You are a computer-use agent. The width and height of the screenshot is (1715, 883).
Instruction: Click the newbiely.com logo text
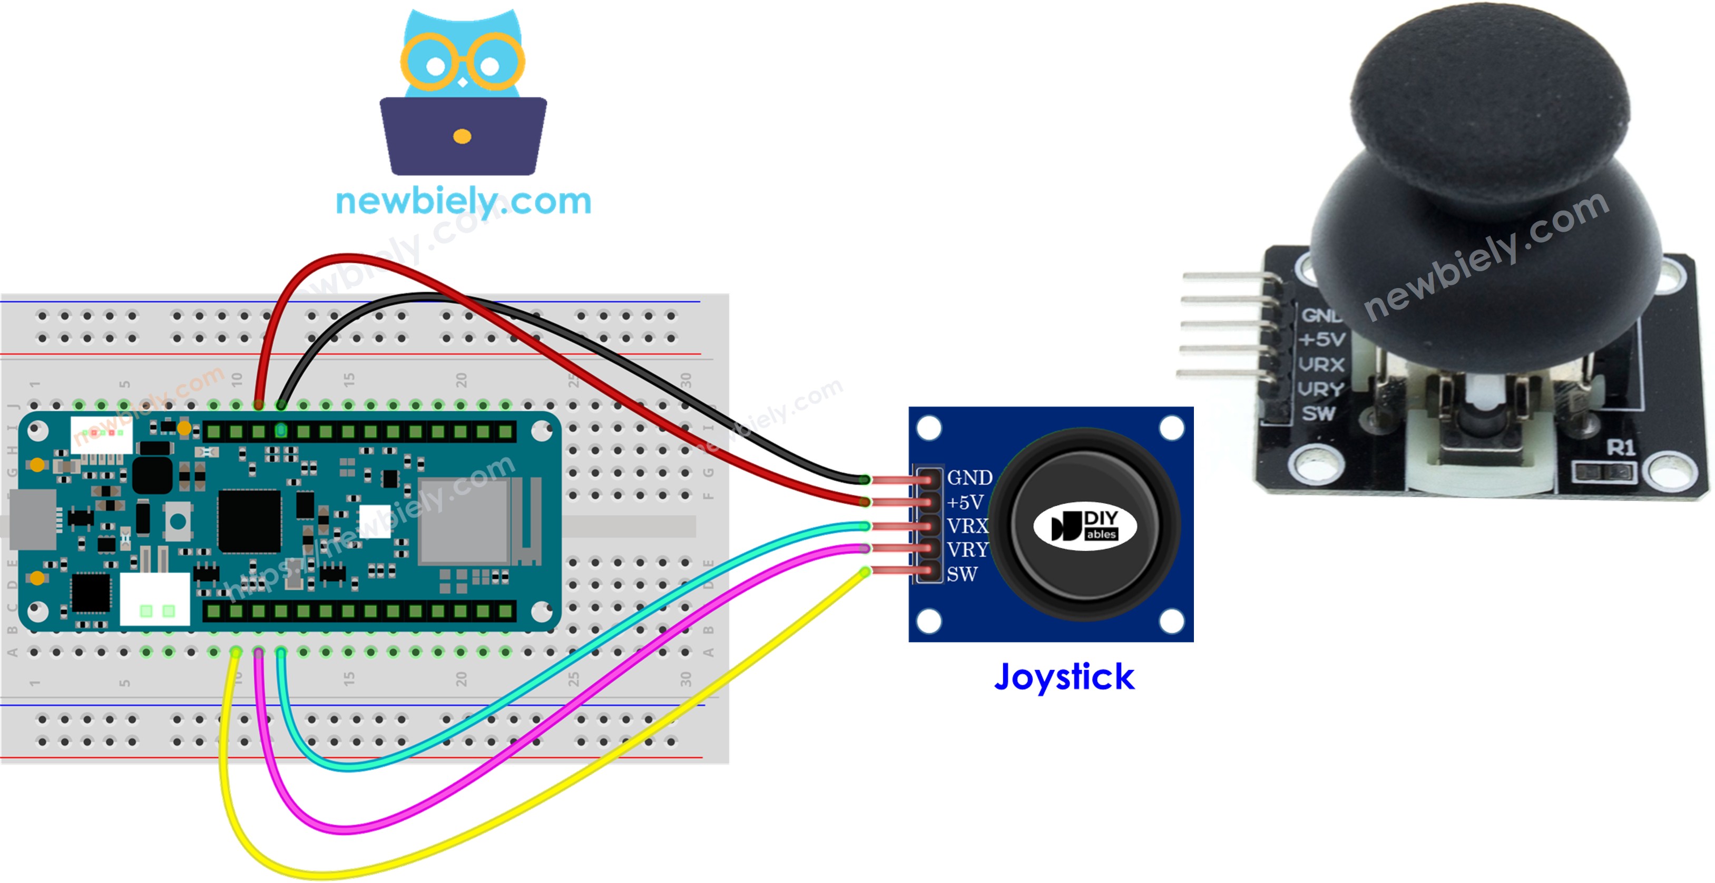[x=463, y=201]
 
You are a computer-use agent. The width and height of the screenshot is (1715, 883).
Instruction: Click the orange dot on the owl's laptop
[x=462, y=137]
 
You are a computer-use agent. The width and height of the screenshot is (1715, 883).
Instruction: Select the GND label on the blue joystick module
[x=969, y=478]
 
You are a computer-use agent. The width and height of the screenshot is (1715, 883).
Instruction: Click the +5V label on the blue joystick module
[x=965, y=502]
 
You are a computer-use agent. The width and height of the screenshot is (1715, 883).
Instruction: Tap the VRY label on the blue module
[x=967, y=550]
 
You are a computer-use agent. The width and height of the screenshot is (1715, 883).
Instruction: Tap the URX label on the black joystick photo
[x=1321, y=365]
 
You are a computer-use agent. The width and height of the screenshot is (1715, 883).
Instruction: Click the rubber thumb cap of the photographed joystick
[x=1491, y=100]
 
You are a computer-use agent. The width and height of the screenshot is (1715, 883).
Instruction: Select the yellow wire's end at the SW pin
[x=865, y=572]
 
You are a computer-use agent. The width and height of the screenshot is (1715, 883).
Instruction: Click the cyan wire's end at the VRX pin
[x=865, y=527]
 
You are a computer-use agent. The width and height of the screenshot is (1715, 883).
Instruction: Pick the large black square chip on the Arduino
[x=250, y=521]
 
